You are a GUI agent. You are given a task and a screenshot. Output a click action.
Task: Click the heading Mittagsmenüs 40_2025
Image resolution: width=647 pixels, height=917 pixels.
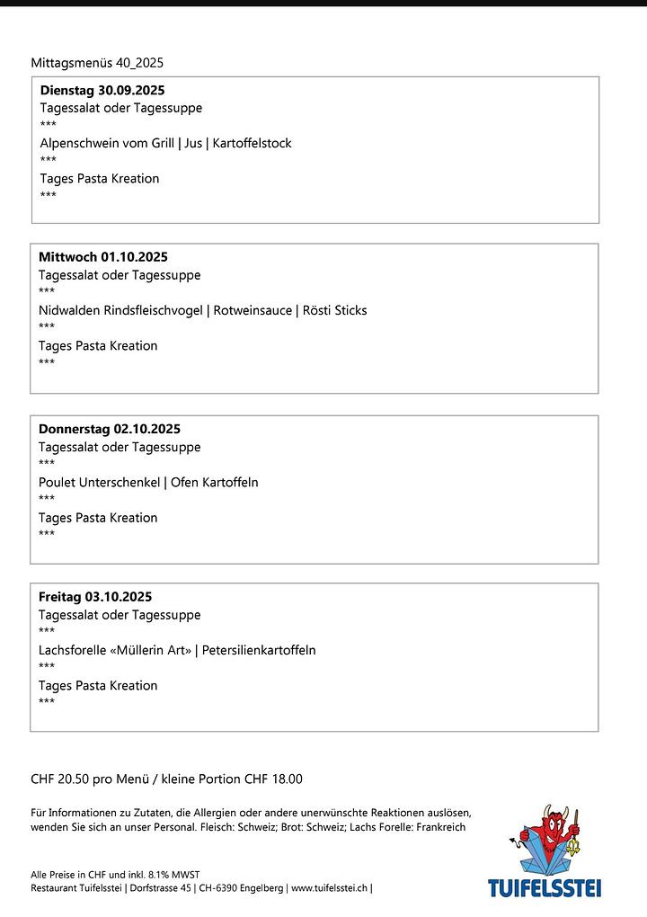point(97,63)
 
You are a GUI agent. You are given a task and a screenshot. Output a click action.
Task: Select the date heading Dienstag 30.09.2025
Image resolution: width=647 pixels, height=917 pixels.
point(102,91)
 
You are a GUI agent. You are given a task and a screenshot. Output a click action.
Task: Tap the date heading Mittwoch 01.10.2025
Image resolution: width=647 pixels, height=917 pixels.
point(103,257)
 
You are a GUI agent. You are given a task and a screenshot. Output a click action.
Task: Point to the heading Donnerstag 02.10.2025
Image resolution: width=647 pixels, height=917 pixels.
point(110,429)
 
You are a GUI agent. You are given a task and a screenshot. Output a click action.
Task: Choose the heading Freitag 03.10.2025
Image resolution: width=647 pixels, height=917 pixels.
point(95,597)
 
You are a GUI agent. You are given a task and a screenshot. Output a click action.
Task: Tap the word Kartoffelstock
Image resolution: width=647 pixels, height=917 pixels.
point(252,143)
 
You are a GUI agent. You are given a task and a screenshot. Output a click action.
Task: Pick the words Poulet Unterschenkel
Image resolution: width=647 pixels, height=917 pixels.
point(99,483)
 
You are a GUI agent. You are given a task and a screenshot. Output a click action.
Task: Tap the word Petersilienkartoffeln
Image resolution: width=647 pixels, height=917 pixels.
point(259,650)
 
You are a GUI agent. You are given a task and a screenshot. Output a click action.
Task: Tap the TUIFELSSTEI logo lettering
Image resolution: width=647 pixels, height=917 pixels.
point(545,889)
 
